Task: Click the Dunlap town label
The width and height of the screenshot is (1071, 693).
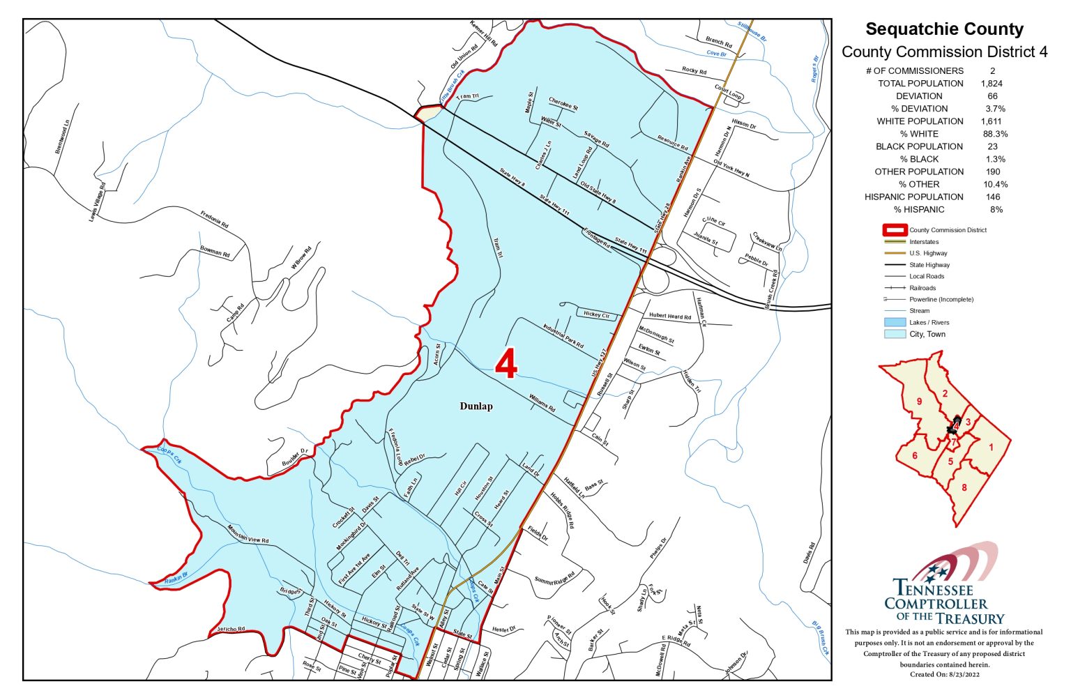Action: coord(476,406)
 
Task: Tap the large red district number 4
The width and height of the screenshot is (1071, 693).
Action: coord(506,364)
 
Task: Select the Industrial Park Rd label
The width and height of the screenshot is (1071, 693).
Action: coord(563,336)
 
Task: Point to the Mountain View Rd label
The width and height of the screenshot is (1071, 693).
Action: coord(248,534)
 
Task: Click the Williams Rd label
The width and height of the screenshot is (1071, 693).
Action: coord(542,403)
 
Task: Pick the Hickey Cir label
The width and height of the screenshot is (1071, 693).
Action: coord(596,314)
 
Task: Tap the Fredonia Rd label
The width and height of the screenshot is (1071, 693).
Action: coord(215,220)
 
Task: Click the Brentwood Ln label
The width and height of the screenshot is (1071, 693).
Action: coord(62,137)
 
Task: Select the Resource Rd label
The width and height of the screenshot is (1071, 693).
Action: coord(673,143)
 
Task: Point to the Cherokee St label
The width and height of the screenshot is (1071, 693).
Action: coord(563,104)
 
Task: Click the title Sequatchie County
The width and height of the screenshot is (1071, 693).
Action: coord(944,29)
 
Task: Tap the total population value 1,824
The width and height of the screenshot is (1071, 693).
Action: coord(992,84)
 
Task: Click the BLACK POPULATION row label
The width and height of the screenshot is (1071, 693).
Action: coord(919,146)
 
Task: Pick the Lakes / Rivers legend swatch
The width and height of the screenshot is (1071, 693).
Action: coord(895,323)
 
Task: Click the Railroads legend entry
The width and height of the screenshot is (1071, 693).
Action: coord(922,288)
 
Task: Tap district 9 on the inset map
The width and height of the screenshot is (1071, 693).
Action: coord(919,402)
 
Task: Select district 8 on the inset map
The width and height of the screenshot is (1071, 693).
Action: coord(964,487)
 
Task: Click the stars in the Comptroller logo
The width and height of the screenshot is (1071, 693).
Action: coord(936,572)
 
